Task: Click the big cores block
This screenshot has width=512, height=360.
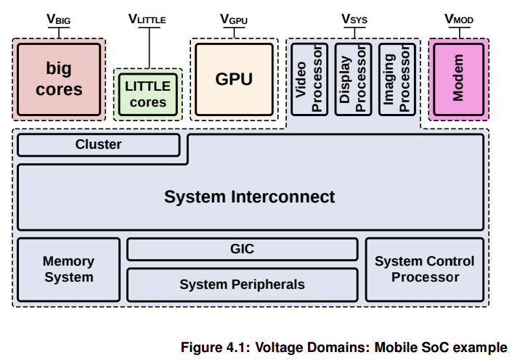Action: coord(59,79)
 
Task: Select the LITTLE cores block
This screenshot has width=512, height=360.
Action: coord(148,94)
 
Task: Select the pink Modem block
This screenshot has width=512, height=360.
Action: coord(458,80)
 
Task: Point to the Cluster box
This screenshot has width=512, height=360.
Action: coord(98,145)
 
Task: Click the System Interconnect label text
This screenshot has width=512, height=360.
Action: coord(249,197)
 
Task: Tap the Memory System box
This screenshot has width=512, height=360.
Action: coord(68,269)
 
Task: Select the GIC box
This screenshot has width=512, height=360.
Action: coord(242,249)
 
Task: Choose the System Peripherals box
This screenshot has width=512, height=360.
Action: coord(242,285)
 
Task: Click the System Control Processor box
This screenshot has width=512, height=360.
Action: coord(424,269)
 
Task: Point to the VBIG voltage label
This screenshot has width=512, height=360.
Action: coord(59,20)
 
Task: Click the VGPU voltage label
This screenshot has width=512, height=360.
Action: coord(233,20)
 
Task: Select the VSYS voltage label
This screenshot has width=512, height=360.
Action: coord(354,20)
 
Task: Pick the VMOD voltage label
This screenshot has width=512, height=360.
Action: coord(458,20)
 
